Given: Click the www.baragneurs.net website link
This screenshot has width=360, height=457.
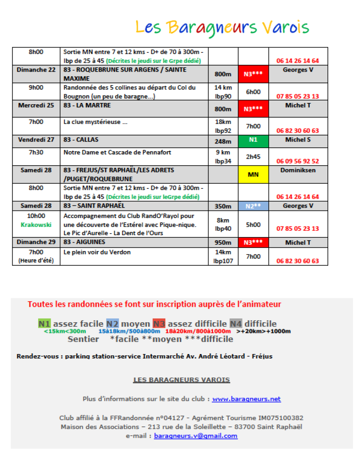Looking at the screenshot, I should click(246, 399).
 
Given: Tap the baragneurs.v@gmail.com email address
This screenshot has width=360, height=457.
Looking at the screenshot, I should click(195, 436).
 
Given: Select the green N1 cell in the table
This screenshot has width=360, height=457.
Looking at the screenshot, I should click(253, 140).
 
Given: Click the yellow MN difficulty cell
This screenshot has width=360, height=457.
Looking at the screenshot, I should click(253, 174).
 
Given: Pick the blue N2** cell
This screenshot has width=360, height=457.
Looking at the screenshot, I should click(253, 206).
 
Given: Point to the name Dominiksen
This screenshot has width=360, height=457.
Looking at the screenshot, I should click(298, 170).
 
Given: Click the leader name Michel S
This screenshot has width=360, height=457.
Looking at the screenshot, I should click(298, 139).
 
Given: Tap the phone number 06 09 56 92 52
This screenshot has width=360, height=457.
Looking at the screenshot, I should click(298, 161).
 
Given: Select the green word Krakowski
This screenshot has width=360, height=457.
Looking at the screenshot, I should click(36, 225).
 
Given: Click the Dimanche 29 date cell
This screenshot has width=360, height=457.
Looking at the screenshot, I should click(36, 242).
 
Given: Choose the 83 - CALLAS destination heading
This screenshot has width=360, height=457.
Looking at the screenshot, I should click(81, 139).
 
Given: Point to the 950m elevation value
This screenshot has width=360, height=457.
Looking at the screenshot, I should click(223, 243).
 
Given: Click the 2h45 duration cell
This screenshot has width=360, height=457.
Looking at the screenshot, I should click(253, 157).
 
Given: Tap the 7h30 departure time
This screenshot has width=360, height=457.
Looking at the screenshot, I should click(36, 152).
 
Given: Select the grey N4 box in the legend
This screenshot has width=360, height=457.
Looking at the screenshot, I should click(235, 324).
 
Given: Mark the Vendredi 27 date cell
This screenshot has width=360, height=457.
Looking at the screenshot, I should click(36, 139).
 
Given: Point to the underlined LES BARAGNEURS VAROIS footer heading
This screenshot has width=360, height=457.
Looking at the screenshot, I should click(181, 380).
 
